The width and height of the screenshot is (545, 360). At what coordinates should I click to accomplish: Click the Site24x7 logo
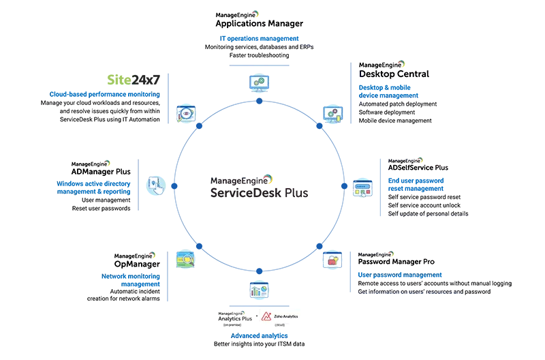(x=138, y=80)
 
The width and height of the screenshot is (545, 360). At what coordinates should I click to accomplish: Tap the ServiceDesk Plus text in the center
(x=258, y=193)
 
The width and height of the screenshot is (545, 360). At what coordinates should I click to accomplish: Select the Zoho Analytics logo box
(x=279, y=316)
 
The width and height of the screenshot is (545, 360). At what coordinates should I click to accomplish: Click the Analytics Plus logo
(x=234, y=316)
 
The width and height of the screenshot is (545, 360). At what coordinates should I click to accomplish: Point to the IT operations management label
(x=259, y=38)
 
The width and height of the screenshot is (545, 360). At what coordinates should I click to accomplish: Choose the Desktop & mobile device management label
(x=388, y=91)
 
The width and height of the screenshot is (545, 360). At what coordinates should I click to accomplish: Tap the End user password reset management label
(x=416, y=184)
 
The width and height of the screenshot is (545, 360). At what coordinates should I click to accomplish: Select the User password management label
(x=400, y=275)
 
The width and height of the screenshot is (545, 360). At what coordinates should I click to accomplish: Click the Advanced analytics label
(x=259, y=336)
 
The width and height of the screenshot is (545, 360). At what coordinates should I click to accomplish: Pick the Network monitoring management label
(x=131, y=280)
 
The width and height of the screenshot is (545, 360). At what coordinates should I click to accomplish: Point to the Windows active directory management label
(x=93, y=187)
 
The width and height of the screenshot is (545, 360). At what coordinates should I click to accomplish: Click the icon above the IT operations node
(x=259, y=82)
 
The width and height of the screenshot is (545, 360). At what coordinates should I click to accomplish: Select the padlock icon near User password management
(x=332, y=260)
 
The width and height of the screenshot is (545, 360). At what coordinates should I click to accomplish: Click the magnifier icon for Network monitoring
(x=185, y=258)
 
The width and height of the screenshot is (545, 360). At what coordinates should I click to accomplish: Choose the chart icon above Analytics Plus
(x=259, y=289)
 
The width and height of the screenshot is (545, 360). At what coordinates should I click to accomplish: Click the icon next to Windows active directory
(x=157, y=184)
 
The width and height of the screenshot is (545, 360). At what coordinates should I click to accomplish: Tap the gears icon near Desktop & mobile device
(x=332, y=113)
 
